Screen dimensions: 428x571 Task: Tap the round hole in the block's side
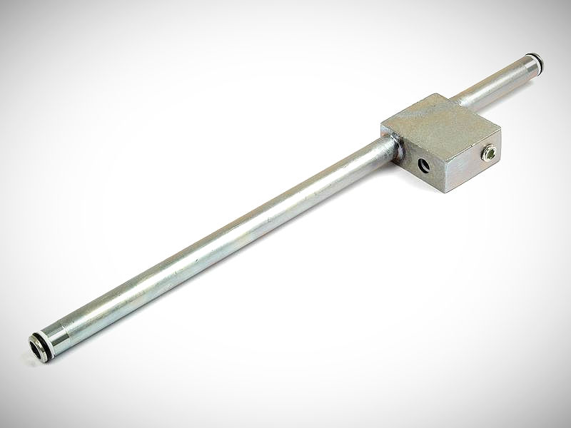[x=425, y=165]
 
